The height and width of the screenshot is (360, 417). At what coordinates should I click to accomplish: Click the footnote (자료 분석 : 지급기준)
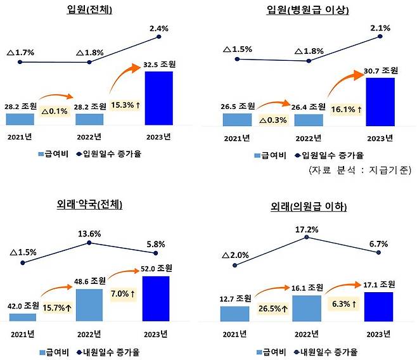pyautogui.click(x=359, y=170)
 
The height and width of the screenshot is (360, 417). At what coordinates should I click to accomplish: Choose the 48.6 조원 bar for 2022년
pyautogui.click(x=89, y=305)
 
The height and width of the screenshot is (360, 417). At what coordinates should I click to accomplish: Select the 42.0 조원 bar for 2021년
pyautogui.click(x=23, y=317)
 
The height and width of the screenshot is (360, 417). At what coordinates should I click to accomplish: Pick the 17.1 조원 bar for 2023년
pyautogui.click(x=379, y=307)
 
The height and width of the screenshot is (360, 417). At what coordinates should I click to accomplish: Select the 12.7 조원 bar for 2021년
pyautogui.click(x=234, y=313)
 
